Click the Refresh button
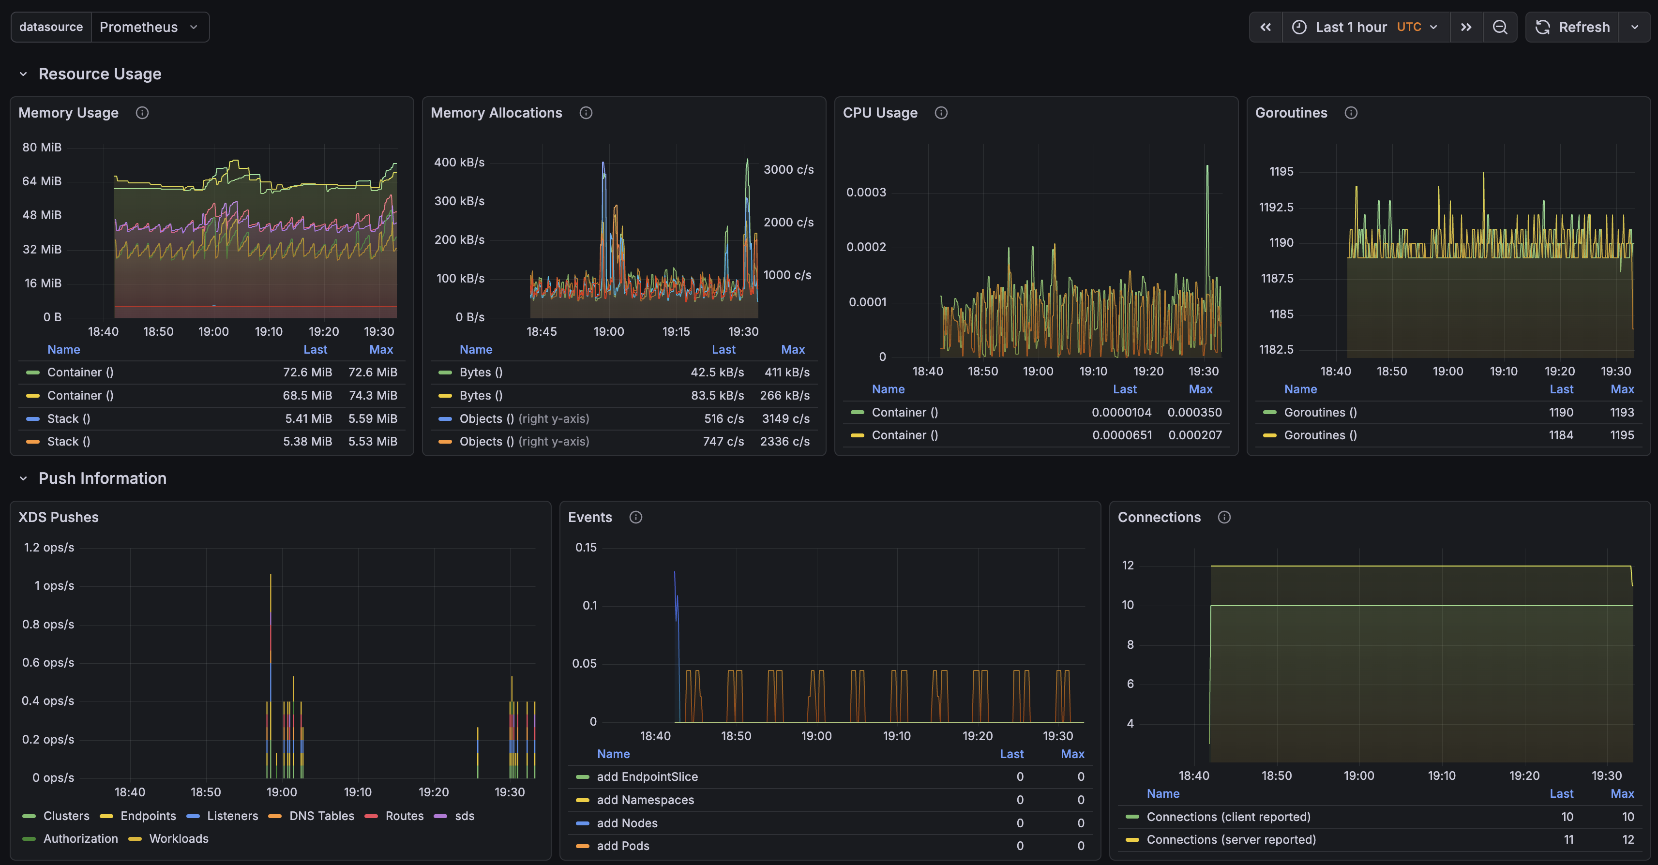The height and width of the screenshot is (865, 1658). [x=1572, y=27]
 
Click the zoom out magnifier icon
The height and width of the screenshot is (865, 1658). [x=1500, y=27]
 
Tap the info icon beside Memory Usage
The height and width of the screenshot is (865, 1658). [x=142, y=113]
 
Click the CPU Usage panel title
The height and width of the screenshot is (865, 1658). [x=880, y=113]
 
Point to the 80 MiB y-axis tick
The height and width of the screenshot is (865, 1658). [x=42, y=148]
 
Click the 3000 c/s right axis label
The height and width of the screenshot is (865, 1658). [x=788, y=169]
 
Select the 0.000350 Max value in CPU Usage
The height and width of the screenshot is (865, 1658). [x=1194, y=412]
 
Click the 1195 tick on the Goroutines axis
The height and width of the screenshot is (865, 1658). [x=1281, y=171]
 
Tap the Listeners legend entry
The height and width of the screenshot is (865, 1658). [x=223, y=816]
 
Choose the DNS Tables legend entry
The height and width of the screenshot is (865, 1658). [x=312, y=816]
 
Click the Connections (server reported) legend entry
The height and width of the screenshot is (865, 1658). [x=1231, y=839]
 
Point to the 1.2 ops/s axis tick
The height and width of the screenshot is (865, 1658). [x=49, y=547]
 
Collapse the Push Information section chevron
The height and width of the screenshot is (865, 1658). [x=23, y=478]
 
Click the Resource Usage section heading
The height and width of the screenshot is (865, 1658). [x=100, y=74]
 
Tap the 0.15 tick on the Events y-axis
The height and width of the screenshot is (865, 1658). [x=586, y=547]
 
